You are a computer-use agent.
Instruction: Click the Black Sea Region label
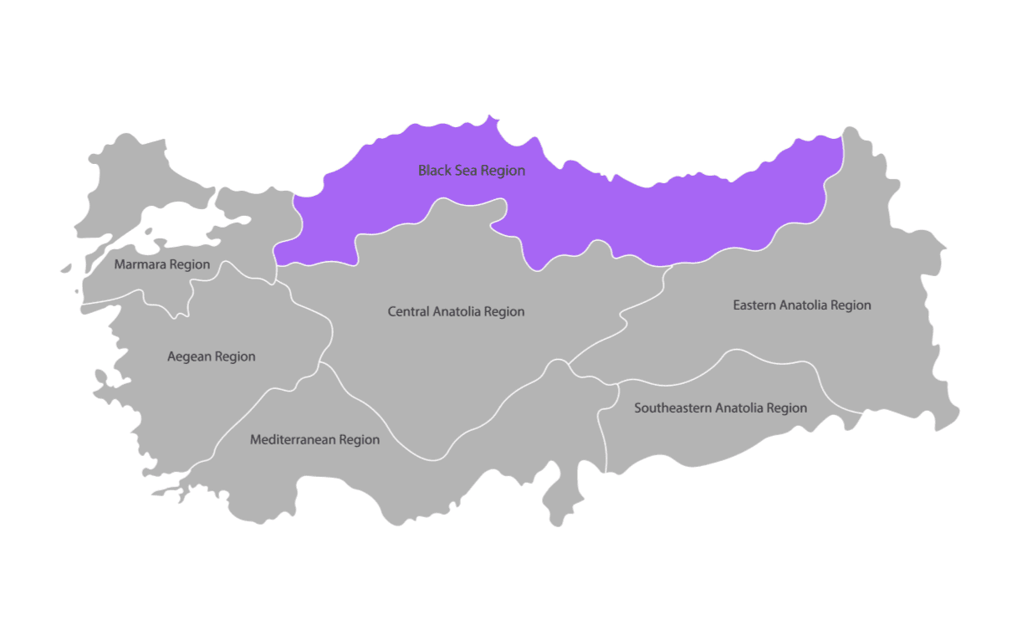[x=472, y=171]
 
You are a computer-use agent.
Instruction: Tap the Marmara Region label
[x=162, y=264]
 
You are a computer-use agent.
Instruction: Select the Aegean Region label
[x=212, y=356]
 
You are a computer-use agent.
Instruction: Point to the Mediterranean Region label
[x=314, y=439]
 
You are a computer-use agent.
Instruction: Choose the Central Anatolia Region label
[x=456, y=311]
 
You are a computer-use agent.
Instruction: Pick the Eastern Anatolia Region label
[x=802, y=305]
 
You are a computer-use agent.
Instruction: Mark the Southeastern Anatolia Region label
[x=720, y=408]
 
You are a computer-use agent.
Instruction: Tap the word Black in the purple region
[x=433, y=171]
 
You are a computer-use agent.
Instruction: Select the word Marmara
[x=141, y=264]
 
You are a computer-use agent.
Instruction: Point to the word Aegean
[x=189, y=356]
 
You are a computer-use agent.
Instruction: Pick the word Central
[x=408, y=311]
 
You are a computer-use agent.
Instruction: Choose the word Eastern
[x=754, y=305]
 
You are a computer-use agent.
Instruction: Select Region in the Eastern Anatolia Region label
[x=851, y=305]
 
